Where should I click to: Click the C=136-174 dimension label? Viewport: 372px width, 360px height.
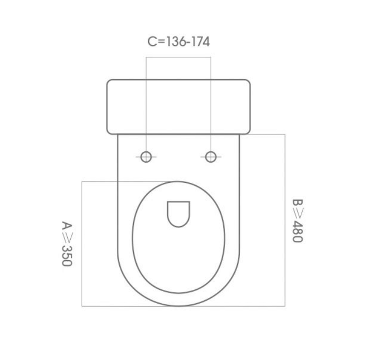[179, 42]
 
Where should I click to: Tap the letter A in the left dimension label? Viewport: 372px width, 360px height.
[66, 226]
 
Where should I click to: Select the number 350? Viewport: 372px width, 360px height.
[66, 255]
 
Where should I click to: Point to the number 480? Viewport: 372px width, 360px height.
[297, 231]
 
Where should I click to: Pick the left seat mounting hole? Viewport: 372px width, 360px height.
[146, 156]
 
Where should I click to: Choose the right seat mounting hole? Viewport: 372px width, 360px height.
[211, 156]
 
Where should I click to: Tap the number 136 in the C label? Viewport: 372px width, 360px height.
[175, 42]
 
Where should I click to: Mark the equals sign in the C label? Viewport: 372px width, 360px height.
[161, 42]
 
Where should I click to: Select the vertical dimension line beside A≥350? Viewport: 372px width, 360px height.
[82, 243]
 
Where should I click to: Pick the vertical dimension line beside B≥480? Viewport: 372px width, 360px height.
[285, 220]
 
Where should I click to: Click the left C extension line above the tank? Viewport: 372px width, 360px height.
[146, 67]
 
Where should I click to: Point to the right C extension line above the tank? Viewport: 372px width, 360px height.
[211, 67]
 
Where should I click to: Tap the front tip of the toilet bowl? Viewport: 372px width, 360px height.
[179, 305]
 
